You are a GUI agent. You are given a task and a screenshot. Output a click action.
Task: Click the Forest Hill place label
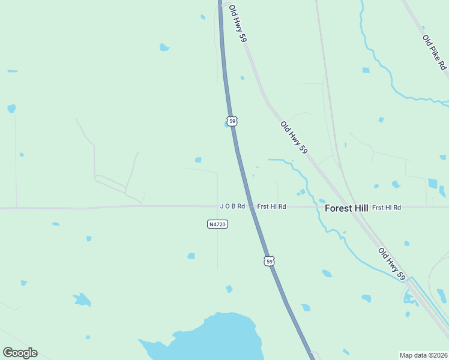point(346,208)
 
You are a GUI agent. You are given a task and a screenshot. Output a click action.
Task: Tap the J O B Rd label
point(232,206)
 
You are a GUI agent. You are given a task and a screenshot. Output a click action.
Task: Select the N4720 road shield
point(217,224)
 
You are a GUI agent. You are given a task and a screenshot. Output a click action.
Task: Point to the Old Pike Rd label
point(435,52)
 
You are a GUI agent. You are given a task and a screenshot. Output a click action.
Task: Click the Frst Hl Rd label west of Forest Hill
point(271,206)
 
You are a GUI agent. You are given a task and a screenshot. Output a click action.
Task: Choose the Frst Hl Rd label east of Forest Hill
point(387,208)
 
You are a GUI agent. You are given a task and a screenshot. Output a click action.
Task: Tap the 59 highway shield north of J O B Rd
point(232,121)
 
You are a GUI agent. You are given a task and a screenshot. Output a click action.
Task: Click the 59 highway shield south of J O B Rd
point(270,261)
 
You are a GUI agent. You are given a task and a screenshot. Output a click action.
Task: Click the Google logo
point(20,353)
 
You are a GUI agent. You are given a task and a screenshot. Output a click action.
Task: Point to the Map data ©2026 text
point(423,355)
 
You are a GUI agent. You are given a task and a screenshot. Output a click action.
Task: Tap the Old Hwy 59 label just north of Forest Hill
point(294,137)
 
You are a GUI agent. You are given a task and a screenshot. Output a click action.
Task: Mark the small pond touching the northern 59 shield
point(227,124)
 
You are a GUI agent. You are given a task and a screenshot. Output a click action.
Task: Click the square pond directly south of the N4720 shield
point(191,256)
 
